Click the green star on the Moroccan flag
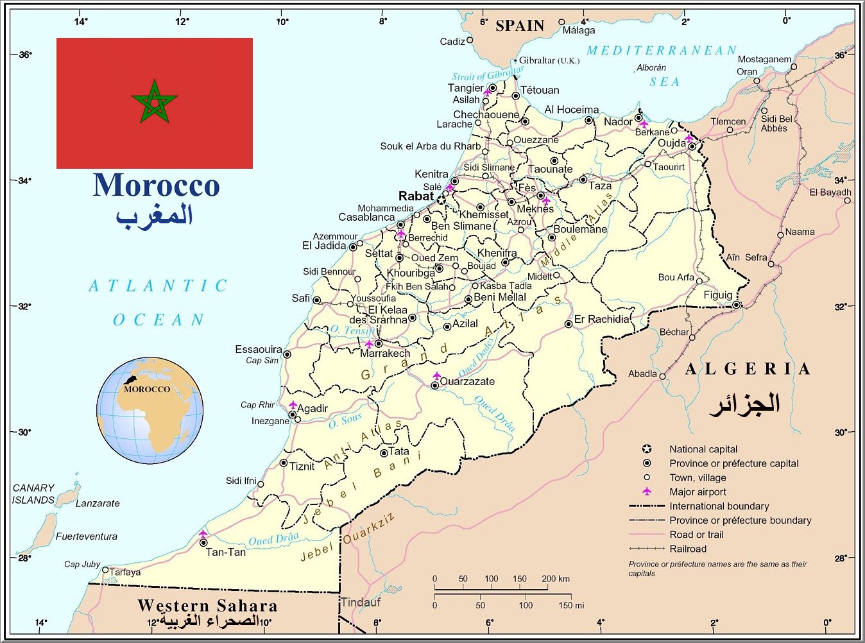coord(154,102)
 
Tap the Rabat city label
coord(416,196)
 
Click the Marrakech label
coord(385,353)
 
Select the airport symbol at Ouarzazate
coord(437,375)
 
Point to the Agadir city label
coord(313,408)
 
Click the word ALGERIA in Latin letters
coord(748,369)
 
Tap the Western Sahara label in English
coord(207,605)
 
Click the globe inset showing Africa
coord(150,411)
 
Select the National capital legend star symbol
coord(647,449)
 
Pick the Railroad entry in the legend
coord(688,549)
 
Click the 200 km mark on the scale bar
coord(556,579)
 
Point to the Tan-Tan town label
coord(226,552)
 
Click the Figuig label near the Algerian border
coord(717,295)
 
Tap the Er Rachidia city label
coord(602,319)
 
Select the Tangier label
coord(465,88)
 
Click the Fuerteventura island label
coord(86,536)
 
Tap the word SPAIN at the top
coord(520,26)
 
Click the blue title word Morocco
coord(156,185)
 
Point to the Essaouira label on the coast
coord(259,349)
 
